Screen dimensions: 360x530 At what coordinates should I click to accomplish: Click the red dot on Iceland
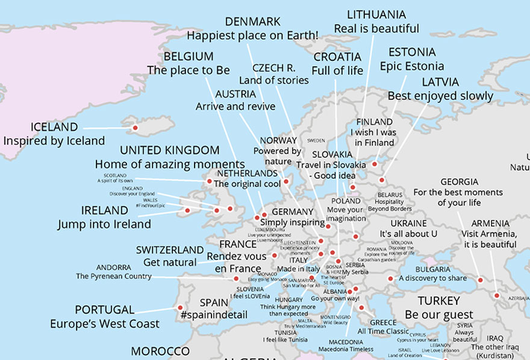(135, 128)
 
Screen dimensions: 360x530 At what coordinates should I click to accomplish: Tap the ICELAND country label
(54, 127)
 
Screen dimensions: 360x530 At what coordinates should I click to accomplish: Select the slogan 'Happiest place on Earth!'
(252, 36)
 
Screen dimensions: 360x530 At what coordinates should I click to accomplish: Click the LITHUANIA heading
(377, 14)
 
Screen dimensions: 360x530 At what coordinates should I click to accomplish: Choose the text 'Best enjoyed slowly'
(440, 96)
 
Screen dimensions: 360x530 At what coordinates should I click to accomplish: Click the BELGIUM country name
(189, 56)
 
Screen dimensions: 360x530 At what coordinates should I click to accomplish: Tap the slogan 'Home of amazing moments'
(170, 164)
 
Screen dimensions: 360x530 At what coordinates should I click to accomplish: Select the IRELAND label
(104, 211)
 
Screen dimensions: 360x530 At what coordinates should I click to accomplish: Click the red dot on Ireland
(187, 211)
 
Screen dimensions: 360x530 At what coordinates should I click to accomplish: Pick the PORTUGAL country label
(105, 309)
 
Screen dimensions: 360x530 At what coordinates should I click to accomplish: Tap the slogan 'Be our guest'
(438, 315)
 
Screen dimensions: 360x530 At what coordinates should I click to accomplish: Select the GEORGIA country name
(459, 182)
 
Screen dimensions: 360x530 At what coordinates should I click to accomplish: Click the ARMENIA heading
(490, 223)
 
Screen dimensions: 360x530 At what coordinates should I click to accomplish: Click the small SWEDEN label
(316, 140)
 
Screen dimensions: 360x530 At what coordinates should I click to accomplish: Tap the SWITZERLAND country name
(170, 250)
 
